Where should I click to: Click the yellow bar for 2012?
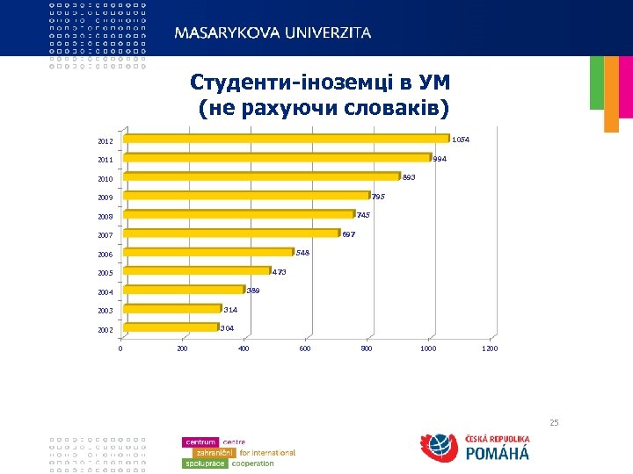(287, 138)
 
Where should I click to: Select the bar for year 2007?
(231, 233)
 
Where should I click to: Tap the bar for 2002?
(171, 328)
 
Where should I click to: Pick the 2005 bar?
(197, 271)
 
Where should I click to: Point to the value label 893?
(408, 178)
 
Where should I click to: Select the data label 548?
(302, 253)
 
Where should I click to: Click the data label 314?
(230, 310)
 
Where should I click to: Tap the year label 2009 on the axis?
(105, 197)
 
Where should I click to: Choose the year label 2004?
(105, 292)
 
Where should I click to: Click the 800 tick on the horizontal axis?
(367, 349)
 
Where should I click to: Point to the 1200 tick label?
(490, 349)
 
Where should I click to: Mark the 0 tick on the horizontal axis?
(120, 349)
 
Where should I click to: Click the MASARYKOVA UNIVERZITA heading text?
(273, 32)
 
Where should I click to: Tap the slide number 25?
(554, 423)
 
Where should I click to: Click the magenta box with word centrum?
(201, 442)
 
